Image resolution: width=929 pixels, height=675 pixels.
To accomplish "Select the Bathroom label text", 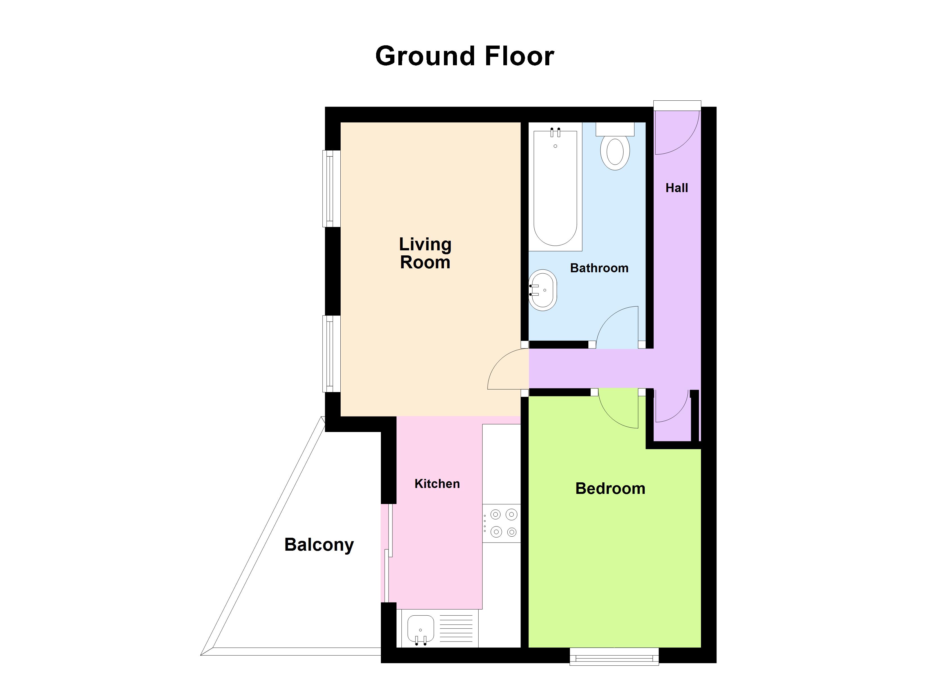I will [599, 268].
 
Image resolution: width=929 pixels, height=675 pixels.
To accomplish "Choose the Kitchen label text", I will [437, 483].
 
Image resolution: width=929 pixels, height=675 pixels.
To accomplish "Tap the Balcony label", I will [319, 544].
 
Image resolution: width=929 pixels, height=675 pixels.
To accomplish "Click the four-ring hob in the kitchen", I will [502, 523].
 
